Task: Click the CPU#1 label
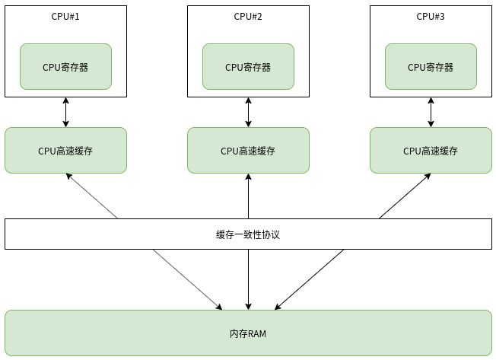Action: coord(65,16)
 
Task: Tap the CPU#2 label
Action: coord(248,16)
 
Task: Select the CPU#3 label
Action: coord(431,16)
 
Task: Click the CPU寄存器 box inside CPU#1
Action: coord(65,66)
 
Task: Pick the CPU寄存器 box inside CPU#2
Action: coord(248,66)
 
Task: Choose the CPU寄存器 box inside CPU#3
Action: coord(431,66)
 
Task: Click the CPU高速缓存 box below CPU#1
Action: coord(65,150)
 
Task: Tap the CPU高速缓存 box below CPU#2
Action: coord(248,150)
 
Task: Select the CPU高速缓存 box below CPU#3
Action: coord(431,150)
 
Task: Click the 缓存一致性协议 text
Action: coord(248,234)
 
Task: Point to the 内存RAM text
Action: coord(248,333)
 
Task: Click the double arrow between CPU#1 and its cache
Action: coord(65,113)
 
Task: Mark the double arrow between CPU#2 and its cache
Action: coord(248,113)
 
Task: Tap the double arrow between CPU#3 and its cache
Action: coord(431,113)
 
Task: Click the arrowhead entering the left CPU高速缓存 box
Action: coord(68,176)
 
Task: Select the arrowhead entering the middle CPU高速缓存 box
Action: coord(248,177)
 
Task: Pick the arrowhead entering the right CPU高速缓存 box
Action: coord(427,176)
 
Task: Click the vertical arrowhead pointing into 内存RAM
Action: coord(248,306)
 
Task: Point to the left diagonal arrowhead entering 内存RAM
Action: coord(219,307)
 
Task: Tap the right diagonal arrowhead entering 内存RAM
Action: coord(278,307)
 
